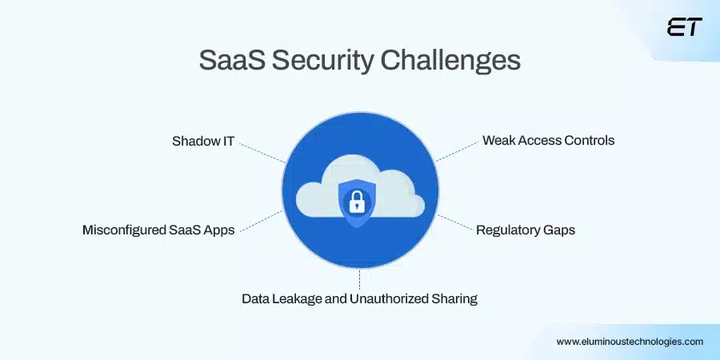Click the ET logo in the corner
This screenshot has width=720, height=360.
click(684, 27)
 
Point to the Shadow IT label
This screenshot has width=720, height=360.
click(203, 141)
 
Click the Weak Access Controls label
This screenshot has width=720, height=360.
click(548, 140)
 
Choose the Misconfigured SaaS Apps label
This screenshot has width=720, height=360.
click(158, 230)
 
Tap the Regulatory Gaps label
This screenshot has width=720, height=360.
click(526, 230)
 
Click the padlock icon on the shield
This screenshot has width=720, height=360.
click(358, 201)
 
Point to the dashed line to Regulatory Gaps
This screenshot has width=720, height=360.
click(454, 222)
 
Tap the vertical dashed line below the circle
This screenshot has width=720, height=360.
click(360, 279)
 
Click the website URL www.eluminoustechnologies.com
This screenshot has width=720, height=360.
click(630, 341)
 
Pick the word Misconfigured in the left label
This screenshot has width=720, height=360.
click(120, 230)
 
